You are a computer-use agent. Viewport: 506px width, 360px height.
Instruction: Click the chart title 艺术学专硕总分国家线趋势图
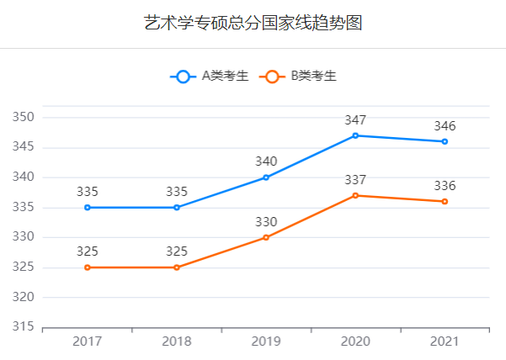(253, 23)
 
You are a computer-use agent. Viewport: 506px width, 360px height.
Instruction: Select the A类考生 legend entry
(209, 76)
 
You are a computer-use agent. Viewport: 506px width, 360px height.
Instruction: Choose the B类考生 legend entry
(297, 76)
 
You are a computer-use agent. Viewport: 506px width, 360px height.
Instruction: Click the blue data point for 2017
(87, 208)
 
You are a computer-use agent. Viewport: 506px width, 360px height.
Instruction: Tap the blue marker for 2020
(355, 135)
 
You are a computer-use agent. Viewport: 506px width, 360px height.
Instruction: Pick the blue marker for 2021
(445, 141)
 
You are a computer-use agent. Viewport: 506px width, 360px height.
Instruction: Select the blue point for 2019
(266, 177)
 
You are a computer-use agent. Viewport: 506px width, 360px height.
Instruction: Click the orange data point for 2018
(177, 267)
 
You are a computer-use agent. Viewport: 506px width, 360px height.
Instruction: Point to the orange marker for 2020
(355, 196)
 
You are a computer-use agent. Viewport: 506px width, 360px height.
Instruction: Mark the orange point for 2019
(266, 237)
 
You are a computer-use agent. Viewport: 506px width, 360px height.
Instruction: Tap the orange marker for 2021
(445, 201)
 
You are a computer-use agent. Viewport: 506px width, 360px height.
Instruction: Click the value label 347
(355, 120)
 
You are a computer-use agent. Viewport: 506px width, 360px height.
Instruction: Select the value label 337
(355, 180)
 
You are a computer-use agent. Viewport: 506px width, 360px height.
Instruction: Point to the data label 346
(445, 125)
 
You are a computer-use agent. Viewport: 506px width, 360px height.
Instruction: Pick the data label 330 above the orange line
(266, 222)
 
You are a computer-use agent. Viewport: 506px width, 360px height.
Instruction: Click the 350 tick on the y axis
(23, 117)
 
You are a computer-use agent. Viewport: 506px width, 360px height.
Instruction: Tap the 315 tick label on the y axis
(23, 326)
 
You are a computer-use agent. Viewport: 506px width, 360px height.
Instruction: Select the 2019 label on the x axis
(266, 341)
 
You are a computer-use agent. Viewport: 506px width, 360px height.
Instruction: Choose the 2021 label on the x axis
(445, 341)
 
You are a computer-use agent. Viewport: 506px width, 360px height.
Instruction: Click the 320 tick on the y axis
(23, 297)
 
